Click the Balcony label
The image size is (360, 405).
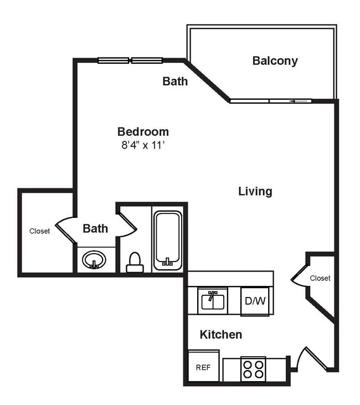pos(275,61)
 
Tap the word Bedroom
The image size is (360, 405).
pos(143,132)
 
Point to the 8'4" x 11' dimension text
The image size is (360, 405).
pos(143,146)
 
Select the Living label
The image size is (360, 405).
pos(255,192)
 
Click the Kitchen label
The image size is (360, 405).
pos(220,335)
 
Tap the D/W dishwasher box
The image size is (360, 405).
pos(255,301)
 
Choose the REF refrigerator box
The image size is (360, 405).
pos(203,367)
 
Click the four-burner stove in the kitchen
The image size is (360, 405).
pos(253,369)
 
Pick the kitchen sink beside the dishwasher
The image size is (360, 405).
pos(213,301)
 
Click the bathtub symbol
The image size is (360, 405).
pos(167,239)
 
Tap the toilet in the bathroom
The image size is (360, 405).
pos(135,263)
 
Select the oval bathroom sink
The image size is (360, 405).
pos(94,259)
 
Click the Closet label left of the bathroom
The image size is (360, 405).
pos(40,231)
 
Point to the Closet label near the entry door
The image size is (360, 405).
pos(320,278)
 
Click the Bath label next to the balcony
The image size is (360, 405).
pos(175,81)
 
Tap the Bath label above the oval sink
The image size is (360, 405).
pos(95,228)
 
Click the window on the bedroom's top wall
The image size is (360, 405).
pos(130,60)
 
